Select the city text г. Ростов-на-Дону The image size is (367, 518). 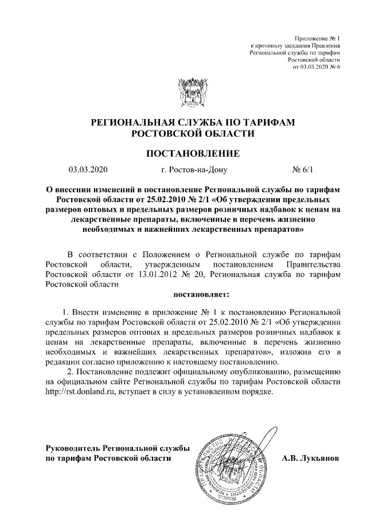pos(195,169)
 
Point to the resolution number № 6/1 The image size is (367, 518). pos(303,169)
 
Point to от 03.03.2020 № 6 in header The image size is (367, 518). pos(317,67)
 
